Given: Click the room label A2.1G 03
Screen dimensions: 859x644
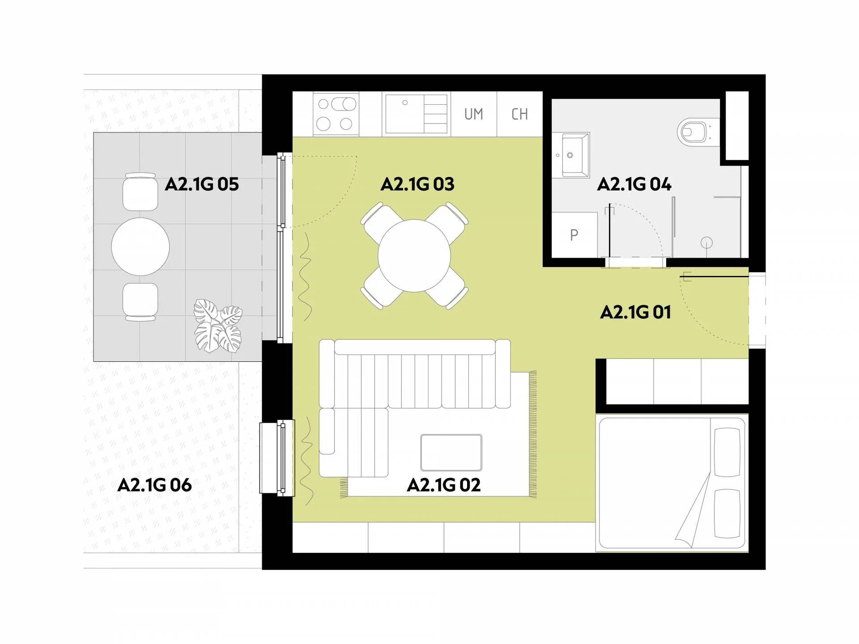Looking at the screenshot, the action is point(417,184).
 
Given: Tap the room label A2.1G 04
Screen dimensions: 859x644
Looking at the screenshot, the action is point(634,184).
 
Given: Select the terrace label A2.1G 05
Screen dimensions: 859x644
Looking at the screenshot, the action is point(202,184).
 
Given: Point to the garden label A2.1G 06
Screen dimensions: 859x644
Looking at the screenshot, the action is point(154,485).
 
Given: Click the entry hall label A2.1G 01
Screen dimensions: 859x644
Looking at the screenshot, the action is point(635,312).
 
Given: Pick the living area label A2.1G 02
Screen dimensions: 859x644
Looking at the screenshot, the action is point(444,485).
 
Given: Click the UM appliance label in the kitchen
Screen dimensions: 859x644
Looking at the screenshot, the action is point(474,114).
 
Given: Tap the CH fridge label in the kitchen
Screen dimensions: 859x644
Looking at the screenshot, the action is point(519,114).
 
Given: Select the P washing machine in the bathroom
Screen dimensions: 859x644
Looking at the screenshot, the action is point(574,235).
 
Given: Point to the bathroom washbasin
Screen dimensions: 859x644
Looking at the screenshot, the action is point(571,155).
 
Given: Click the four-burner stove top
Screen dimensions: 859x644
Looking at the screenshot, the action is point(336,114).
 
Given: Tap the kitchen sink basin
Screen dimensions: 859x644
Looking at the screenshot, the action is point(404,114).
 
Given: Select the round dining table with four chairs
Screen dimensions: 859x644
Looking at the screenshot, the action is point(414,256).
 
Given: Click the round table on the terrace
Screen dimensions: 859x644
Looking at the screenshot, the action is point(140,246).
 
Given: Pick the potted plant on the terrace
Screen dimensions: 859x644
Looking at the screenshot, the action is point(218,326).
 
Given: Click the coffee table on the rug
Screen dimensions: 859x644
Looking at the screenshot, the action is point(451,453).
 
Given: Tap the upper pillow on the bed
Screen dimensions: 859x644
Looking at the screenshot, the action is point(727,452).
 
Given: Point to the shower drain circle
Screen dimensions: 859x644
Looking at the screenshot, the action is point(706,243).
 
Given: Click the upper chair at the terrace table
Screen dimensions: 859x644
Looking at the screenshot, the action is point(140,191).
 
